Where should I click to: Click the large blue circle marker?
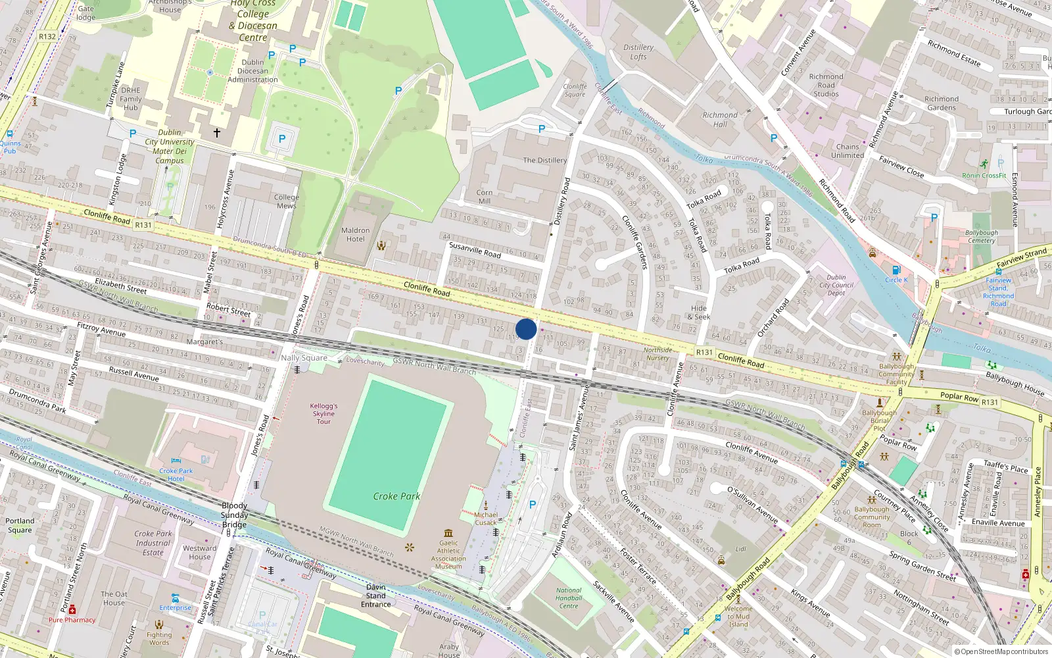tap(526, 329)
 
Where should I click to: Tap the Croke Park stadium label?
tap(396, 496)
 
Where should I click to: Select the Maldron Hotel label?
tap(355, 235)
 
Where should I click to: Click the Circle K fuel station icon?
tap(896, 270)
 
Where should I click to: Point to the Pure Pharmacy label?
tap(72, 620)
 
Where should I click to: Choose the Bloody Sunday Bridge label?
tap(234, 515)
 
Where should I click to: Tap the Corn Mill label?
tap(485, 197)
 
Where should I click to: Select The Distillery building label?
tap(544, 160)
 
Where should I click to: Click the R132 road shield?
tap(47, 37)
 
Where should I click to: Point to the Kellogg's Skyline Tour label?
tap(323, 414)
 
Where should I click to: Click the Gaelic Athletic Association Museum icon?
tap(448, 533)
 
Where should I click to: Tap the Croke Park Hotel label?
tap(176, 474)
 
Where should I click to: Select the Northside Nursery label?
tap(657, 354)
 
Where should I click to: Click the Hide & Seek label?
tap(699, 313)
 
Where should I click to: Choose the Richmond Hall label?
tap(720, 119)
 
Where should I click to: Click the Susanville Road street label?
tap(475, 250)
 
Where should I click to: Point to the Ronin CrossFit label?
tap(984, 176)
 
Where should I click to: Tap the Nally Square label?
tap(304, 358)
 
